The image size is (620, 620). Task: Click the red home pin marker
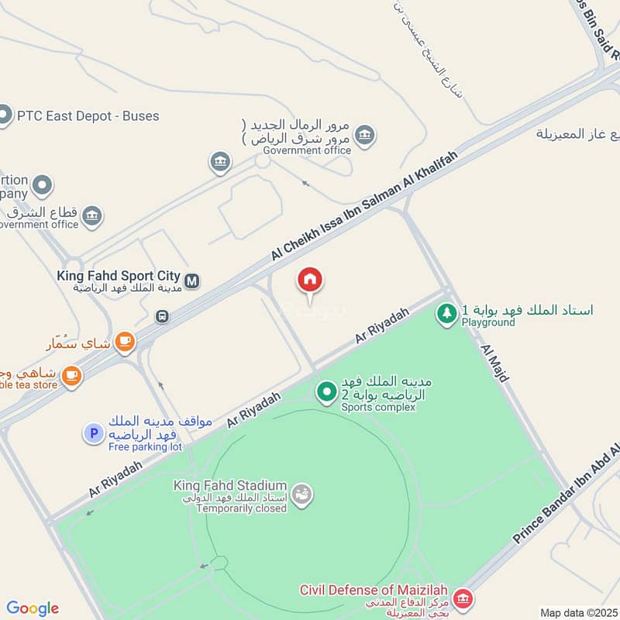point(310,281)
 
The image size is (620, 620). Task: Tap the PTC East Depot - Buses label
point(89,116)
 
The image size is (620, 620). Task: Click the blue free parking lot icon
point(93,433)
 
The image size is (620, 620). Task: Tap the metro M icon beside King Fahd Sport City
point(192,280)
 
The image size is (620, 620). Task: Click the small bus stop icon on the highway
point(161,316)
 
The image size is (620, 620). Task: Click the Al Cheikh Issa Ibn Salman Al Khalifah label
point(364,206)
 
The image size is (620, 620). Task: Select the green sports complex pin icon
point(326,393)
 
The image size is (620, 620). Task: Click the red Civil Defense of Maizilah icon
point(463,598)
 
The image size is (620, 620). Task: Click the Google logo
point(33,608)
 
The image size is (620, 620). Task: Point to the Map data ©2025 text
point(579,612)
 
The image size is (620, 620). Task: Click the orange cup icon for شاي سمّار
point(124,341)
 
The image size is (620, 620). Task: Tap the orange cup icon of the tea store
point(72,376)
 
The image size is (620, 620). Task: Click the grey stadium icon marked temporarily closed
point(302,494)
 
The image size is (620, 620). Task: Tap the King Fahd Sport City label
point(119,275)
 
